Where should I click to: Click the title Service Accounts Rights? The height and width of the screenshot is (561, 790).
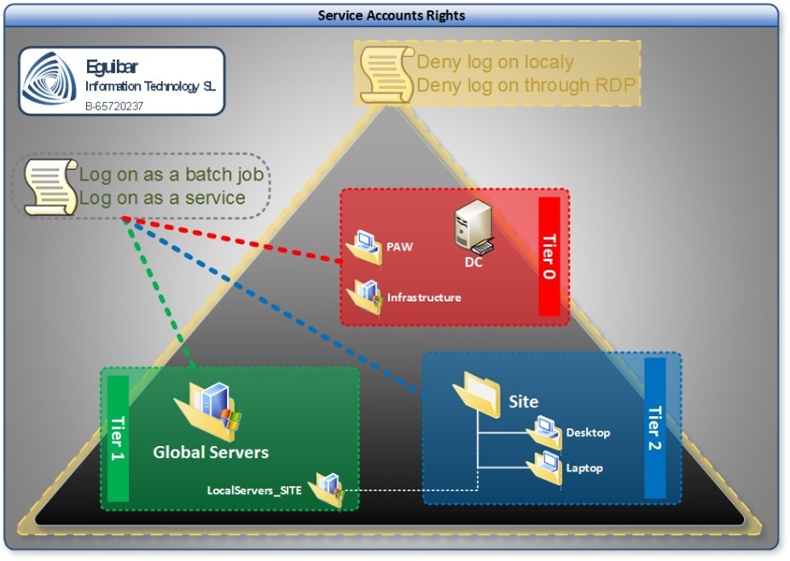392,15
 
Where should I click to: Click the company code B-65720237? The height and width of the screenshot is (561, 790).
114,106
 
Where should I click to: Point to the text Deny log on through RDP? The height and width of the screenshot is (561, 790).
527,85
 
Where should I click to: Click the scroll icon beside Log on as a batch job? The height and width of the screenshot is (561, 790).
50,186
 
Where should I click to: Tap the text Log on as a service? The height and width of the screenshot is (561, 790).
162,199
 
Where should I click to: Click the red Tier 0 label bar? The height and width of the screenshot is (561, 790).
549,257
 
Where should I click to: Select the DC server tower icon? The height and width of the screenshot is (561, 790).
473,226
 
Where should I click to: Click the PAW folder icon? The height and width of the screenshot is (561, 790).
363,248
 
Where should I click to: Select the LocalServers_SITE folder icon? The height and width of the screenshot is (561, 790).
326,490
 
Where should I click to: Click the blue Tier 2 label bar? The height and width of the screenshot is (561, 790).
654,427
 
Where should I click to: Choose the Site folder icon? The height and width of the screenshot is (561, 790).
477,395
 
